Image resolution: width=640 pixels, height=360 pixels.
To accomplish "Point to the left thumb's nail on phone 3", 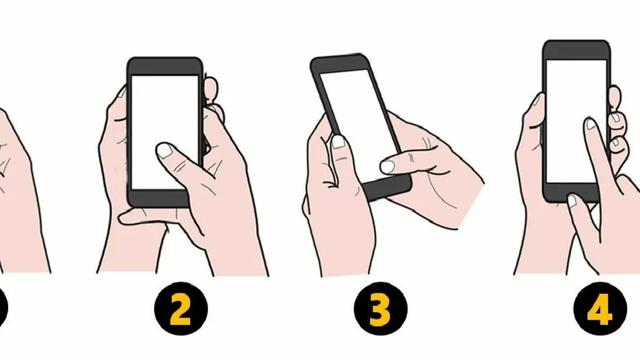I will pyautogui.click(x=338, y=142).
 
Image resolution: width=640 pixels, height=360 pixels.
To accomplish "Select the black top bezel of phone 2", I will pyautogui.click(x=165, y=65).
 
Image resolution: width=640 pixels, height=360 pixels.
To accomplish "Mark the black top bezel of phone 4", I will pyautogui.click(x=576, y=49).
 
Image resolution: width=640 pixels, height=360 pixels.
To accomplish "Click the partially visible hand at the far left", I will pyautogui.click(x=20, y=190).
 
